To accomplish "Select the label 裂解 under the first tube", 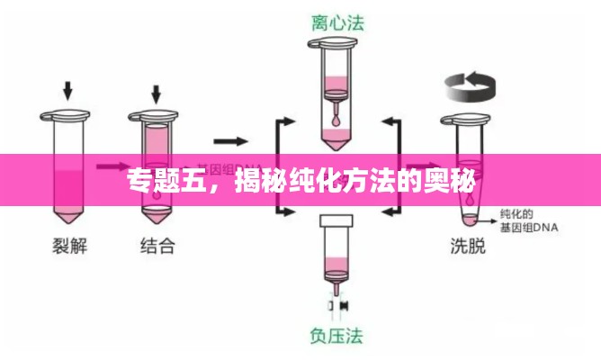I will (66, 245).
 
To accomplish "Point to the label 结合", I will (157, 245).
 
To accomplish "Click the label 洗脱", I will (467, 245).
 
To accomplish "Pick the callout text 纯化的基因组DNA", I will (528, 221).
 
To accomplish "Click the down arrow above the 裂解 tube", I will (66, 91).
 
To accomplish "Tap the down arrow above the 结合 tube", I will (157, 92).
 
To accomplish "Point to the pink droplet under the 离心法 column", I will (336, 116).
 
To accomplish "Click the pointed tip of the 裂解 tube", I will (66, 216).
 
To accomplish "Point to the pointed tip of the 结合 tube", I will (157, 218).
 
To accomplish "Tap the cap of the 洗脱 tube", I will (466, 116).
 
